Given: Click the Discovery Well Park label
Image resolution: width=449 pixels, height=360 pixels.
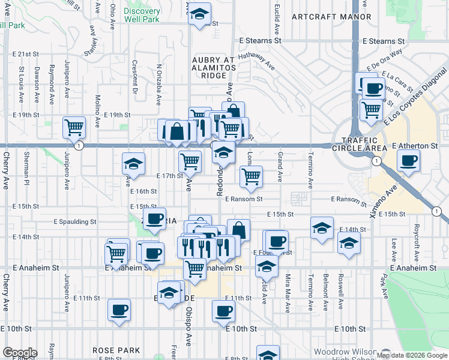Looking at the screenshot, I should (142, 15).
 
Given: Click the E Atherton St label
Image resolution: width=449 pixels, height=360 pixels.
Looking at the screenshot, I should (415, 146).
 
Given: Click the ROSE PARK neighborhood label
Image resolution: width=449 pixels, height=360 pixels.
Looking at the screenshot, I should (116, 350).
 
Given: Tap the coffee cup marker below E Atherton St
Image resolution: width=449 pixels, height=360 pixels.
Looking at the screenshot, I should (408, 161).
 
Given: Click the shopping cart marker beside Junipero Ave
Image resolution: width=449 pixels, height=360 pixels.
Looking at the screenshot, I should (74, 127).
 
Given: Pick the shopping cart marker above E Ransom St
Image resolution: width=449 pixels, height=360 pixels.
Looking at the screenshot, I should (250, 176).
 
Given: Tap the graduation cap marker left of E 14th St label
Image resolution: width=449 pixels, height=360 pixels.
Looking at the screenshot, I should (322, 228).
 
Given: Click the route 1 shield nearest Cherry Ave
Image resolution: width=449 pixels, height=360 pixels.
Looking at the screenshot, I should (79, 146).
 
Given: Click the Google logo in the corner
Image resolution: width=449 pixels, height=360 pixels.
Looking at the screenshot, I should (20, 353).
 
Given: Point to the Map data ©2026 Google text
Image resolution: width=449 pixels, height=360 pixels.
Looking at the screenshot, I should (412, 355).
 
